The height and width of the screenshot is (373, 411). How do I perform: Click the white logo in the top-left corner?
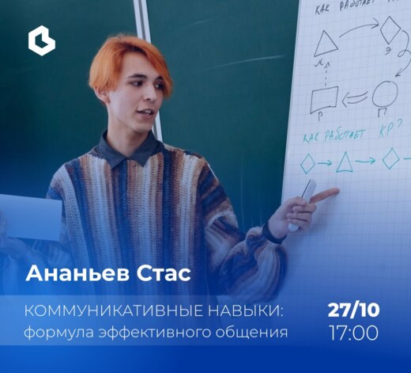coord(41,40)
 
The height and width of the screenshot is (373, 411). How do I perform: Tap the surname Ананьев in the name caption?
coord(76,274)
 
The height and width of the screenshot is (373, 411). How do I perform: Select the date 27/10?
coord(353,309)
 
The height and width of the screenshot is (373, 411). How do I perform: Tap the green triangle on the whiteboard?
coord(345,163)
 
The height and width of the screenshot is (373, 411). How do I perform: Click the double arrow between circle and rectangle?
coord(353,98)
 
